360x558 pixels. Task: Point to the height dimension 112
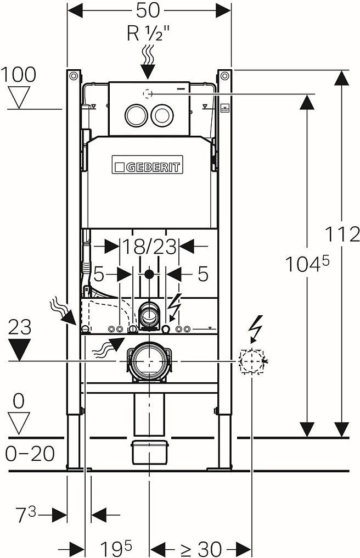point(342,235)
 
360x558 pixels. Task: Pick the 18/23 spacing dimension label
point(149,247)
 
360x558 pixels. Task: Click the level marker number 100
point(19,74)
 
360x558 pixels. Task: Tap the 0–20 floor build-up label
point(30,454)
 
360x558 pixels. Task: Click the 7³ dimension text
point(25,515)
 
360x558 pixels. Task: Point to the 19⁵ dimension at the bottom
point(116,548)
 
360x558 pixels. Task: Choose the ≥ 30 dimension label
point(200,548)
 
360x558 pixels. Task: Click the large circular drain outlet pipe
point(149,361)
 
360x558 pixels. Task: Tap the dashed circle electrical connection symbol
point(252,361)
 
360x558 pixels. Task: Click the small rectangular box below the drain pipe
point(149,451)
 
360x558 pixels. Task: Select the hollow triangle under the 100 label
point(19,97)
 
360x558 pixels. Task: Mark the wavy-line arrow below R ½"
point(147,60)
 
